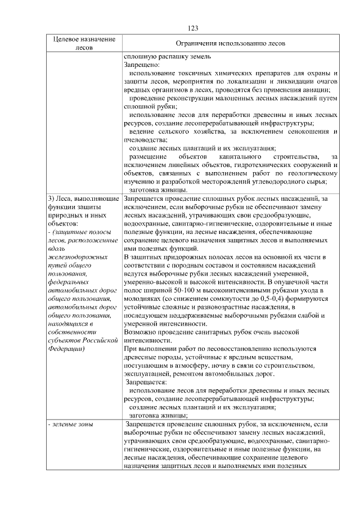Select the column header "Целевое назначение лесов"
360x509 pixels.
pos(84,43)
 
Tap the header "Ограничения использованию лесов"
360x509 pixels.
pos(231,43)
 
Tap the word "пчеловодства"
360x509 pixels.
pos(145,139)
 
